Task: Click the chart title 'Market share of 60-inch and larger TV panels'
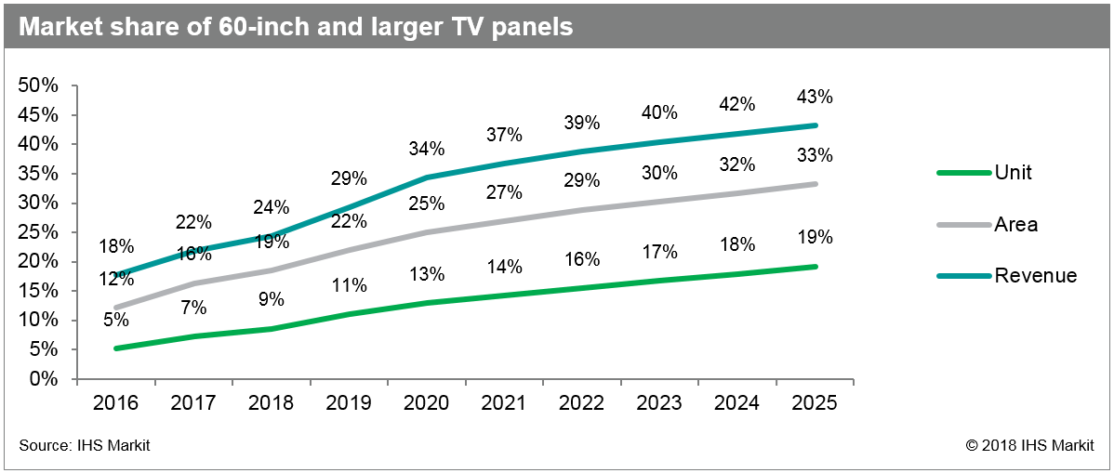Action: click(x=295, y=27)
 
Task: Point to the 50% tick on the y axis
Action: click(x=39, y=85)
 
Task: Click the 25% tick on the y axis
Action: click(x=39, y=232)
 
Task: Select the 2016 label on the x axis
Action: click(x=116, y=403)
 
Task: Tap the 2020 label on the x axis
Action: click(x=427, y=403)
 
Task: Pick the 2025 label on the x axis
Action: click(x=815, y=403)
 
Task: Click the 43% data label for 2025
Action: click(x=815, y=97)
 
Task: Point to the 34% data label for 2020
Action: click(x=427, y=149)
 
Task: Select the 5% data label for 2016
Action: click(x=116, y=320)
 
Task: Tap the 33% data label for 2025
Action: click(x=815, y=155)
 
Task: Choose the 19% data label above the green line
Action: click(x=815, y=239)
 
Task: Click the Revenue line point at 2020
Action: click(x=427, y=177)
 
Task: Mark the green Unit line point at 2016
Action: click(x=116, y=348)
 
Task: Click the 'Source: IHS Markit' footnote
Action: click(x=84, y=446)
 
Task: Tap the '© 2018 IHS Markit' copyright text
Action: click(x=1029, y=446)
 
